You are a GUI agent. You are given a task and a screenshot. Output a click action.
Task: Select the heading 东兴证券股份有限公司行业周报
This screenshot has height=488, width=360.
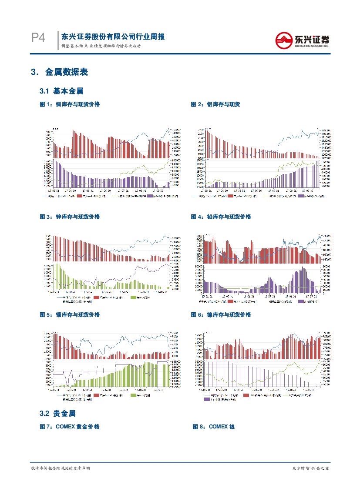click(x=113, y=37)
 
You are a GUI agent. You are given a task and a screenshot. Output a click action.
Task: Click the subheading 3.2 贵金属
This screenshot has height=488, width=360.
click(x=58, y=413)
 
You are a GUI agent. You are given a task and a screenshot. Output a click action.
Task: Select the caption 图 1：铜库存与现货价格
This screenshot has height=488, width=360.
click(x=70, y=104)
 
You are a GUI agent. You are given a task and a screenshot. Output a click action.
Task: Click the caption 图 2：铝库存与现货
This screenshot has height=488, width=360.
click(x=215, y=104)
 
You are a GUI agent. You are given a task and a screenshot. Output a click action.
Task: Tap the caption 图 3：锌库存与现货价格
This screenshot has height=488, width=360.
click(x=70, y=217)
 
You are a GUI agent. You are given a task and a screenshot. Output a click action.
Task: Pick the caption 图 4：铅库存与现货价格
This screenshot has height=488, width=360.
click(x=221, y=217)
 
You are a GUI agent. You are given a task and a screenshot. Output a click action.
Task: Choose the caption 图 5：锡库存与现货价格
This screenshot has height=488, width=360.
click(x=70, y=314)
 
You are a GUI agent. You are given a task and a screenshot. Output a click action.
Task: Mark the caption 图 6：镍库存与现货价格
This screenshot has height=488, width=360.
click(x=221, y=314)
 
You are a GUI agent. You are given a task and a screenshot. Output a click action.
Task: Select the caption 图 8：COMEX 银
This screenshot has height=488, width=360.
click(x=214, y=427)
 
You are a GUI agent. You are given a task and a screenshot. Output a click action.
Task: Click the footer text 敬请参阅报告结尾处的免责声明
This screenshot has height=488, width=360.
click(x=61, y=468)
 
